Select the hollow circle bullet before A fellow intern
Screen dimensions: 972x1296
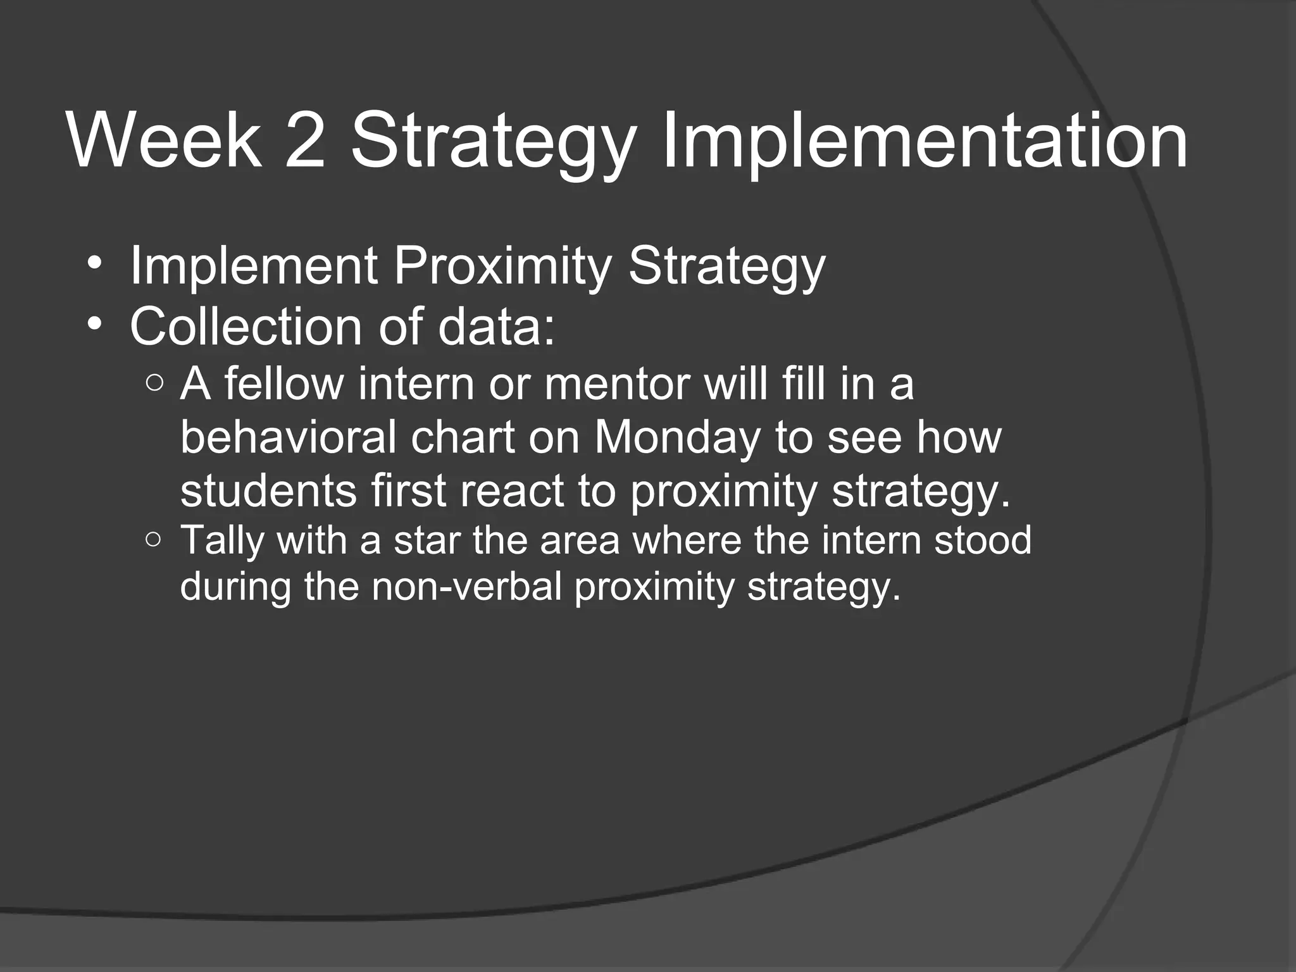point(154,383)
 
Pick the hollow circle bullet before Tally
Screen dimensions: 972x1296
point(154,540)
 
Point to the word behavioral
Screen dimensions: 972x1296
point(288,438)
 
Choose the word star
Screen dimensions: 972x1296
point(428,541)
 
